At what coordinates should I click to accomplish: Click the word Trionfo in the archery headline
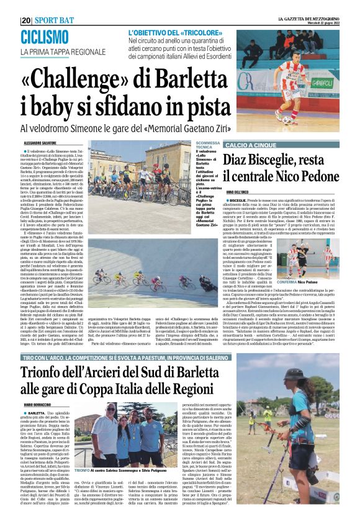(52, 374)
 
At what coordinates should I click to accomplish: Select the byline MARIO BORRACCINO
(37, 405)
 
